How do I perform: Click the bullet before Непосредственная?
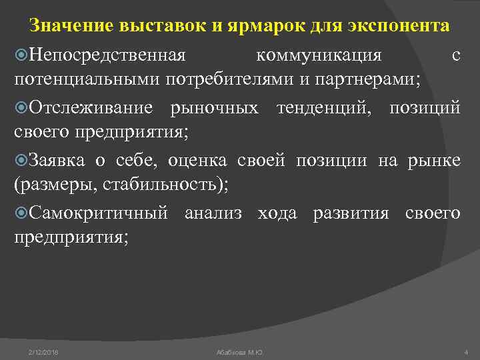click(x=21, y=54)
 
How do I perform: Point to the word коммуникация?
click(x=319, y=54)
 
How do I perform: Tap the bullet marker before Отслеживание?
click(x=21, y=107)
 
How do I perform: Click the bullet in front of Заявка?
click(x=21, y=161)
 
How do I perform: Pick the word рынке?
click(x=437, y=160)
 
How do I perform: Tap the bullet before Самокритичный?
click(x=21, y=213)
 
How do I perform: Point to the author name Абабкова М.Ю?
click(x=240, y=351)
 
